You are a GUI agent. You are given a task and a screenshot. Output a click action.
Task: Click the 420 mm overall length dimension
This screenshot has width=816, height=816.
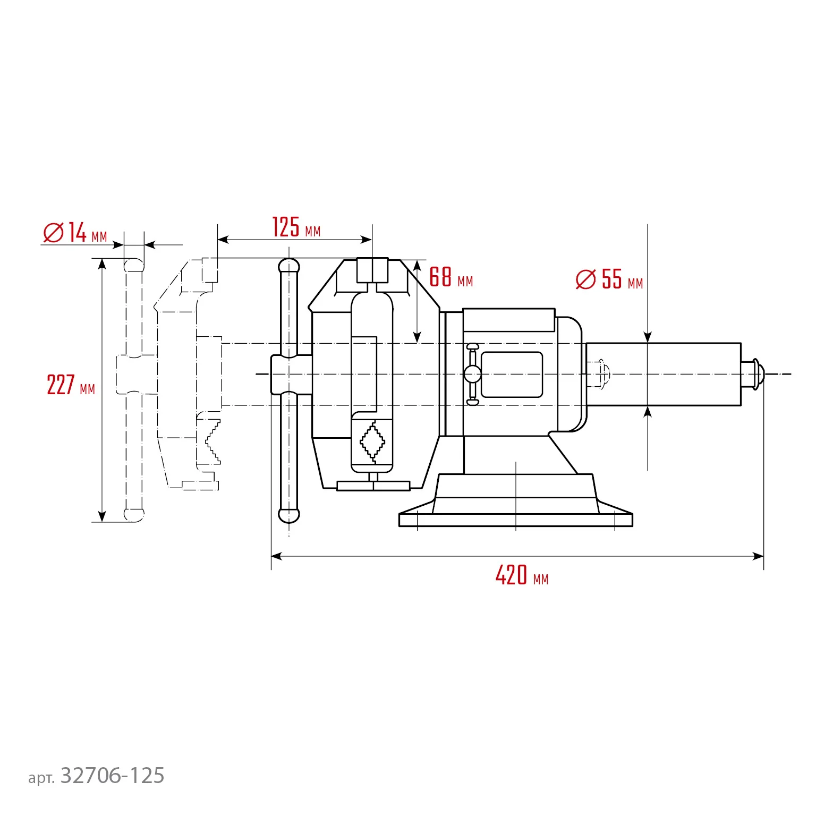521,575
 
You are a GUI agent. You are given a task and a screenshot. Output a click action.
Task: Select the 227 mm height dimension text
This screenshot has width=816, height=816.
71,385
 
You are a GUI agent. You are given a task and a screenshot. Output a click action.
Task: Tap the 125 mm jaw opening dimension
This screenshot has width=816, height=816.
296,228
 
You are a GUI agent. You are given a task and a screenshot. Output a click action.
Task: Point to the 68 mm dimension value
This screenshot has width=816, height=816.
450,277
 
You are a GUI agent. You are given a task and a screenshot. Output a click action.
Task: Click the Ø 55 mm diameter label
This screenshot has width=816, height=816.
609,279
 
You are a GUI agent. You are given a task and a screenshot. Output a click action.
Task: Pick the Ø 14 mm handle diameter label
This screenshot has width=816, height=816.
75,233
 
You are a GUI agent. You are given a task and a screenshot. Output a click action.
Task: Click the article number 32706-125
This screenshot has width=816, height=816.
112,776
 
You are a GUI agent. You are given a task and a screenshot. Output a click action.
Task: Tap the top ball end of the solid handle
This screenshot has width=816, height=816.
289,265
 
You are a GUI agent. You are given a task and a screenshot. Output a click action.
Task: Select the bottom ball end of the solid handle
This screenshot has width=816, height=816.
289,515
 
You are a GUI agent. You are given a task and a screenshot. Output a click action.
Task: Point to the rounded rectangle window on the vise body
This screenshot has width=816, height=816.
511,375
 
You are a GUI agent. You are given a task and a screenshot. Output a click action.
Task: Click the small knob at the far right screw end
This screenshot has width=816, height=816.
756,374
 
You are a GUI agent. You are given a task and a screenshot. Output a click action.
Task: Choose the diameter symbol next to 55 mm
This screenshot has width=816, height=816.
585,279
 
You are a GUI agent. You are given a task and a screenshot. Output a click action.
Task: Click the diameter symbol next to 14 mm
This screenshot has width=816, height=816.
53,233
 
